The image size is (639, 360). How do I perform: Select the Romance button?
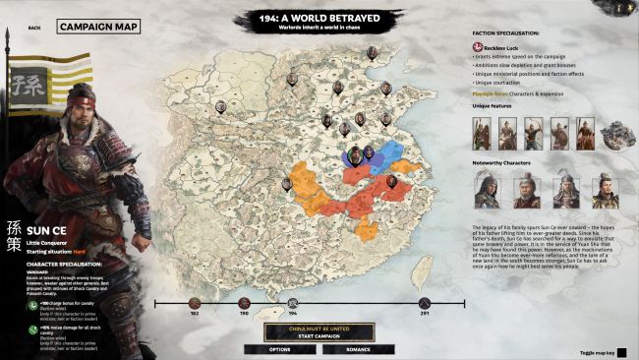tap(357, 349)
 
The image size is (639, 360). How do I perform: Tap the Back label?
tap(34, 28)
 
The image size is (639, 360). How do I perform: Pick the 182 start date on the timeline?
tap(195, 302)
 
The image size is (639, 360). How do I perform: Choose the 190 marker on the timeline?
tap(245, 302)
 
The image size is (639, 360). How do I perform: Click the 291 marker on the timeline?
tap(424, 302)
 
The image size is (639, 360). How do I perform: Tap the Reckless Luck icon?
tap(477, 47)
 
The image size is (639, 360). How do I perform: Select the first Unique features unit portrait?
tap(482, 134)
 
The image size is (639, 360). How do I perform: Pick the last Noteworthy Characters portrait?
tap(599, 189)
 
